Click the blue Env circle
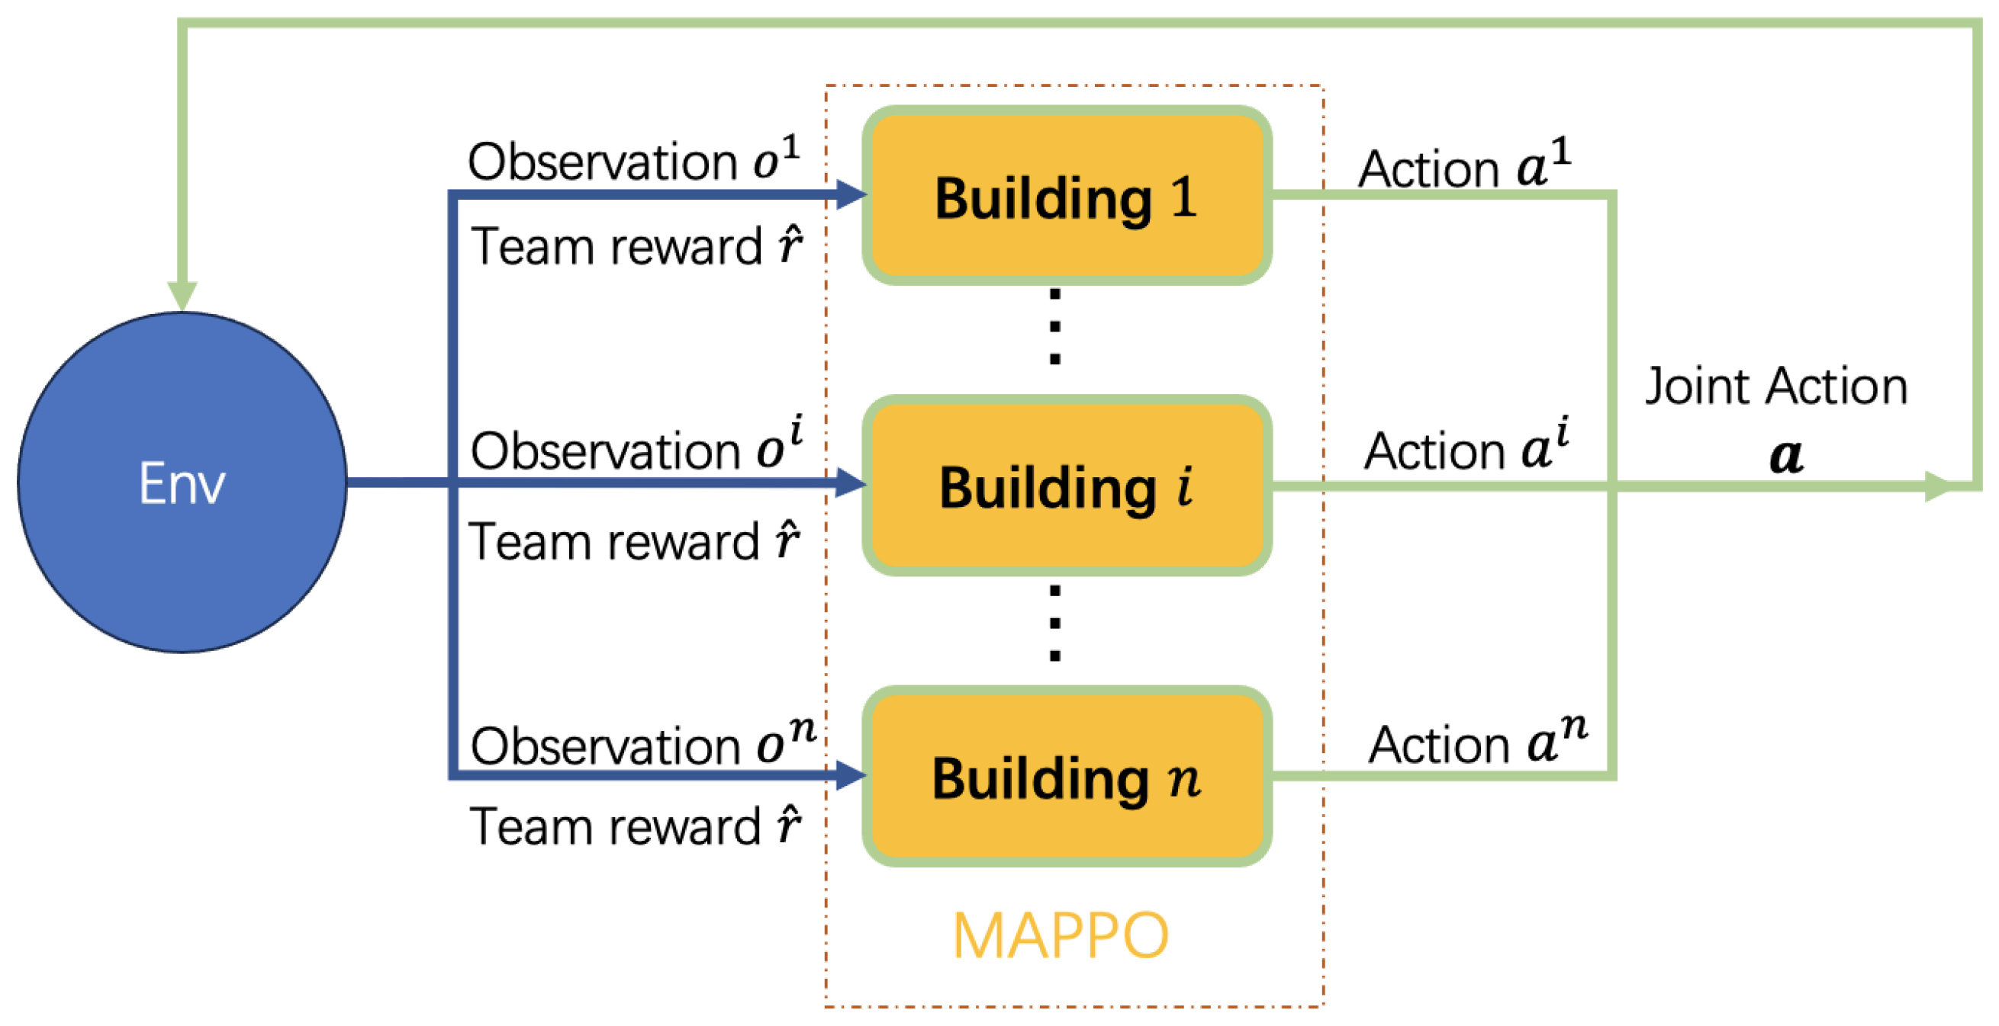coord(182,483)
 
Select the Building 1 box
coord(1066,196)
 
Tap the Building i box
coord(1066,486)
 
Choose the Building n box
coord(1066,776)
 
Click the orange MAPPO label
coord(1060,936)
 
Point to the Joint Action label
coord(1775,386)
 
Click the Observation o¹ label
coord(633,161)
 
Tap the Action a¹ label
coord(1463,166)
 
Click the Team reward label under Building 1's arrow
coord(636,247)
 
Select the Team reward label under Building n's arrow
coord(635,826)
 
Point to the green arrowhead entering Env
coord(182,296)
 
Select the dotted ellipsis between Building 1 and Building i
coord(1054,326)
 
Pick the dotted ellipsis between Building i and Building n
coord(1054,623)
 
